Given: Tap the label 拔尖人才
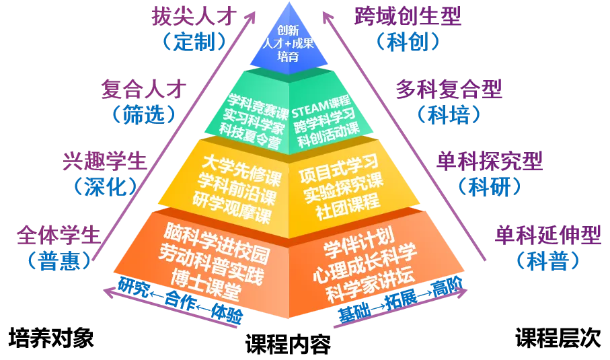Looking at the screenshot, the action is coord(194,16).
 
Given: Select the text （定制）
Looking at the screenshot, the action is coord(194,42).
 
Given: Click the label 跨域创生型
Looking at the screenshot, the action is coord(408,16).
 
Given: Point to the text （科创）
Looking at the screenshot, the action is coord(408,42).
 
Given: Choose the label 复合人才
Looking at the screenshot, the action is coord(144,89).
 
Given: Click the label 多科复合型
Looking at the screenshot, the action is coord(449,89).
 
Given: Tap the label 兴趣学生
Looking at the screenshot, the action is coord(105,161).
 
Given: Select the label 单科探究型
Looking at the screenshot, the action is coord(490,161).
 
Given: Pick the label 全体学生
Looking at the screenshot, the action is coord(59,235).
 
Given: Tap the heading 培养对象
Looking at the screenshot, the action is coord(51,337).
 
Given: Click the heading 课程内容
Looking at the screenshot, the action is coord(289,344).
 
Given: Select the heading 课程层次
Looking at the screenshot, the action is coord(558,337).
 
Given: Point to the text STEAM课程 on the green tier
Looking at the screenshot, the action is coord(321,106).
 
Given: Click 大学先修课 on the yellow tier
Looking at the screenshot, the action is coord(241,170).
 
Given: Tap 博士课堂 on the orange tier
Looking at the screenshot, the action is coord(206,285).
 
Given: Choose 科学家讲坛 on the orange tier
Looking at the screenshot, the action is coord(370,286).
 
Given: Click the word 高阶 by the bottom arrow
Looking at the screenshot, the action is coord(447,287).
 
